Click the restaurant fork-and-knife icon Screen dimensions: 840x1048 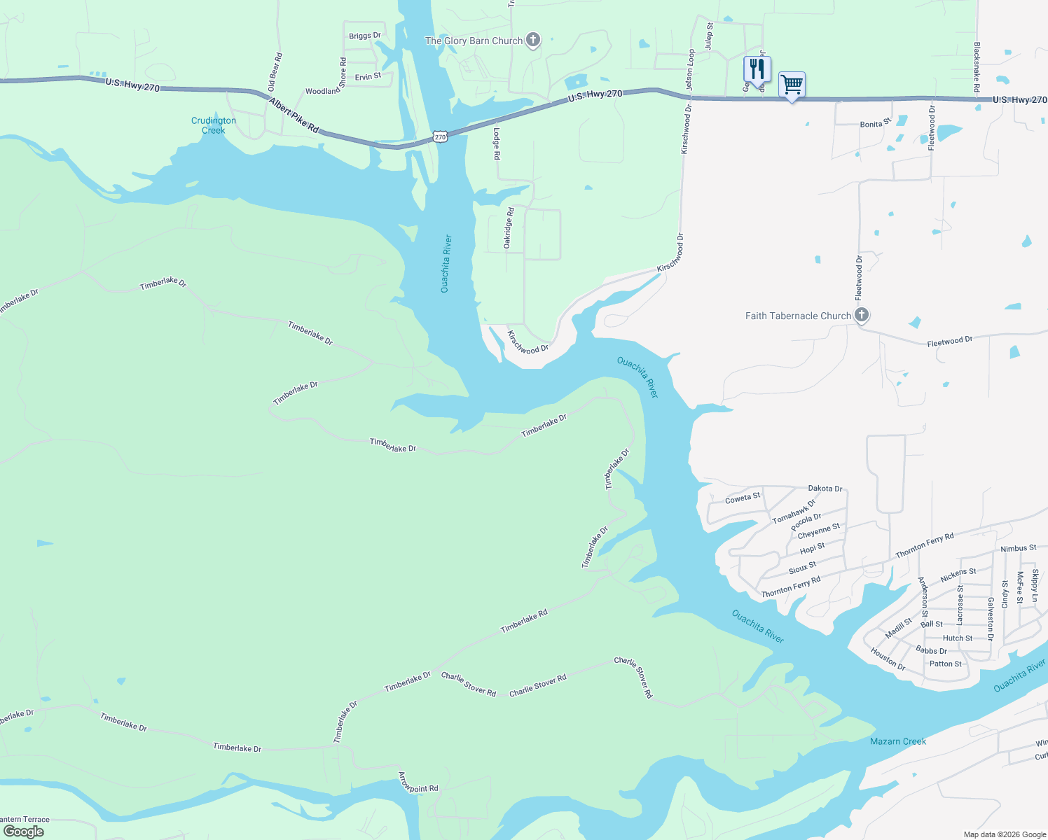point(757,69)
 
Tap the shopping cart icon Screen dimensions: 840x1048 point(792,85)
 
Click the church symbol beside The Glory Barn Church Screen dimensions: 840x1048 point(533,40)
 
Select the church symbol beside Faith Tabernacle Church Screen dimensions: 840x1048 point(862,315)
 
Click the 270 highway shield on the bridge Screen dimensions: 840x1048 point(440,136)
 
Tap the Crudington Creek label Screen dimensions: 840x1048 point(214,125)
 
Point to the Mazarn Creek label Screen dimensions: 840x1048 point(898,741)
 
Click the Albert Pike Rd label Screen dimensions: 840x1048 point(294,116)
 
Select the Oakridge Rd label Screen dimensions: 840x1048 point(509,227)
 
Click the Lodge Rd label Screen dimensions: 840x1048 point(497,143)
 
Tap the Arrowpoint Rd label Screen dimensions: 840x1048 point(418,782)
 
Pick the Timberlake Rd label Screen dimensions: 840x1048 point(524,621)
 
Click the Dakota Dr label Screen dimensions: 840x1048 point(825,489)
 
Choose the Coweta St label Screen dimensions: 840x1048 point(743,498)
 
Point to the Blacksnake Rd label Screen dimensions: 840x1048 point(977,67)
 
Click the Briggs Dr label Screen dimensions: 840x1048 point(365,36)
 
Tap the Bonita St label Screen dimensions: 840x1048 point(875,123)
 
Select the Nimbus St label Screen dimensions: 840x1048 point(1019,549)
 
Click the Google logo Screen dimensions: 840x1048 point(24,832)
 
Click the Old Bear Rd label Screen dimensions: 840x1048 point(275,72)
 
